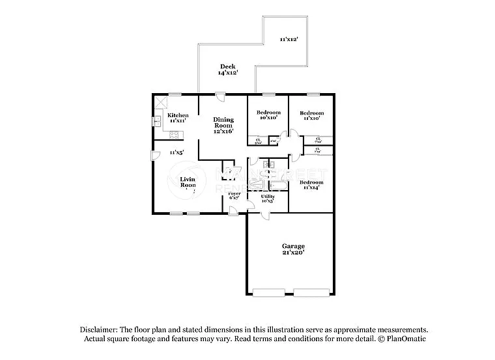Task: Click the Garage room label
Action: pos(293,246)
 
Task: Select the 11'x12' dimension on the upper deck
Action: pos(289,40)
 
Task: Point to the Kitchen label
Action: pos(178,115)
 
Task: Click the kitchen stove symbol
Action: pos(174,135)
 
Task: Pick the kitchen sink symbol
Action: pos(157,120)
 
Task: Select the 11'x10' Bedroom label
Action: pos(312,113)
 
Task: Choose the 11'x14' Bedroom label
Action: pos(311,182)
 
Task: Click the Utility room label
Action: pos(268,196)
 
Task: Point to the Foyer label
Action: pos(234,194)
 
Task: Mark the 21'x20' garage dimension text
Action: pos(293,253)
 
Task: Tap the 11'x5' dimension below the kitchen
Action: pos(177,152)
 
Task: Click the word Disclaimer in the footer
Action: pos(98,330)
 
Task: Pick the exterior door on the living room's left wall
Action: pos(154,155)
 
